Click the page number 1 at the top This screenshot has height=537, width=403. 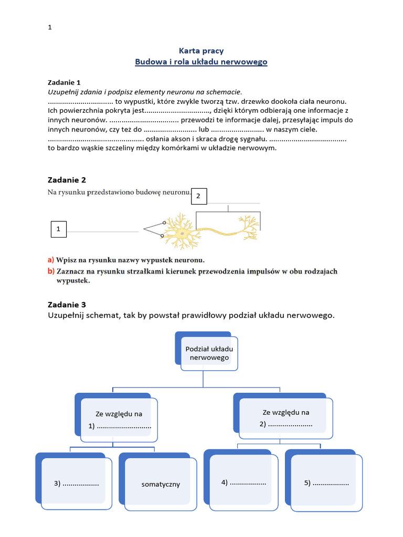coord(50,28)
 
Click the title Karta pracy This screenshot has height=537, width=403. coord(201,51)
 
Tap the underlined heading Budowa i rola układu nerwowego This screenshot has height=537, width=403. coord(201,62)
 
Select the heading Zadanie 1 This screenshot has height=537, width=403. coord(64,82)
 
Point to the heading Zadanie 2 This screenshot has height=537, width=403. coord(67,180)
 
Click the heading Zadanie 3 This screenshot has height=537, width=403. coord(67,304)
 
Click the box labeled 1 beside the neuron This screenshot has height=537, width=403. coord(58,229)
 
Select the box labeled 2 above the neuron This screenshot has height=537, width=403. coord(198,196)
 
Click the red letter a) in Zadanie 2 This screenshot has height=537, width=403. coord(51,260)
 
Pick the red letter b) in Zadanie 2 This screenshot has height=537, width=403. coord(51,271)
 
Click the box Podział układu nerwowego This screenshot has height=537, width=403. coord(209,353)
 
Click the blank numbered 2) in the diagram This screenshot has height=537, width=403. coord(286,424)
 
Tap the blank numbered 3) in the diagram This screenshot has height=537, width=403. coord(77,483)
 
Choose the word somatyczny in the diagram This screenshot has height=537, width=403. coord(161,484)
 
